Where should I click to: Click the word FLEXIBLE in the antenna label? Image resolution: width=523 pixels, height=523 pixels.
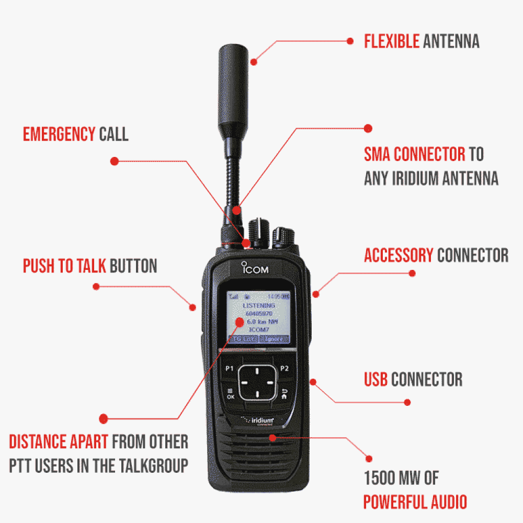[x=391, y=41]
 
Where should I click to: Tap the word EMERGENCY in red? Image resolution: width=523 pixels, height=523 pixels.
[x=59, y=134]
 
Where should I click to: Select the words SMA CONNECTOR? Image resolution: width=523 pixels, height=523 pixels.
[x=414, y=154]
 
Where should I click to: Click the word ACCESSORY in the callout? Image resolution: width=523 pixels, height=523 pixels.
[x=399, y=256]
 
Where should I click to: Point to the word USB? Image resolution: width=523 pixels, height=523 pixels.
[x=376, y=379]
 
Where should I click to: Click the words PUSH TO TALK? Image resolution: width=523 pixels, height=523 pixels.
[x=64, y=266]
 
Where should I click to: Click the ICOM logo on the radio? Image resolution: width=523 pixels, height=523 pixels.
[x=256, y=271]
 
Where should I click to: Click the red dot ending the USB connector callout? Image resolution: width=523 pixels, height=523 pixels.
[x=407, y=402]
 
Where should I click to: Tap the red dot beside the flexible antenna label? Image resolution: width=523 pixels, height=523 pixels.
[x=351, y=40]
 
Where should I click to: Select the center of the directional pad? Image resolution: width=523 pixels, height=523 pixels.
[x=256, y=382]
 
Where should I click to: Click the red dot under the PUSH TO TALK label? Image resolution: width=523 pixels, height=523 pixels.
[x=96, y=286]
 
